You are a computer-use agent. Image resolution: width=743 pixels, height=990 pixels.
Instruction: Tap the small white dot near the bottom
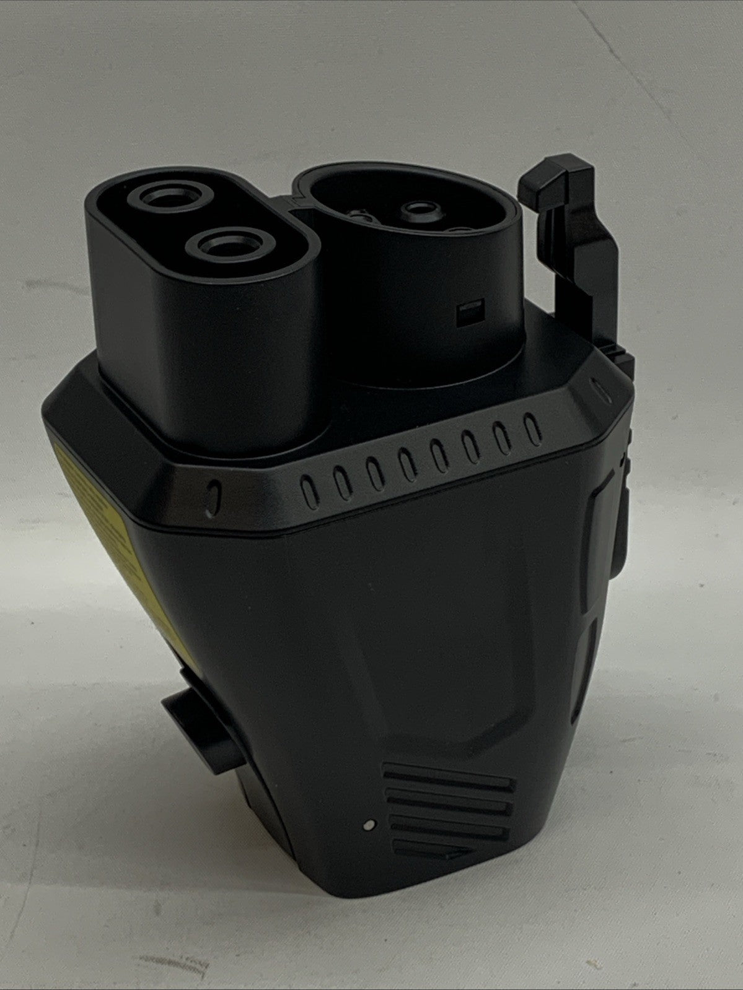[x=370, y=825]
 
